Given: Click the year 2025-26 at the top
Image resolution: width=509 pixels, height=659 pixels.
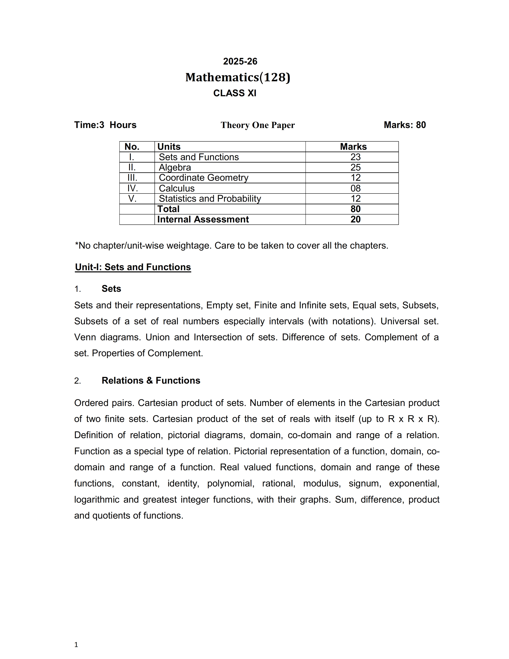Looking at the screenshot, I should [x=240, y=61].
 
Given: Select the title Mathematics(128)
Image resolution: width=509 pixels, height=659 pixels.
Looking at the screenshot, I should [x=238, y=77].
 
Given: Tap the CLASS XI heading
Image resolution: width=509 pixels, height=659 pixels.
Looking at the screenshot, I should [x=235, y=93].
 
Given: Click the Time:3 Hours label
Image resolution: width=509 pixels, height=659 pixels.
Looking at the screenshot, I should [x=105, y=125].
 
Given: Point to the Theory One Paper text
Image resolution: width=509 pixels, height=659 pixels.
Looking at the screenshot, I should [x=257, y=125].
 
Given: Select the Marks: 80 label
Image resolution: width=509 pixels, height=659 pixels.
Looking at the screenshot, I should [x=405, y=125].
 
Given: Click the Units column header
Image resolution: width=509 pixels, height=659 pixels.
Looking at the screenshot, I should [x=169, y=147].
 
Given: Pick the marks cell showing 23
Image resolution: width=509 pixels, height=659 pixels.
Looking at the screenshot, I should [x=356, y=157].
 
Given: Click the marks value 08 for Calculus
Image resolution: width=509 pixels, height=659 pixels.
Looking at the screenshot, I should [x=356, y=188].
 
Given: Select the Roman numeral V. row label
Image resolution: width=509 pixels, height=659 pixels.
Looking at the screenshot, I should [x=132, y=198].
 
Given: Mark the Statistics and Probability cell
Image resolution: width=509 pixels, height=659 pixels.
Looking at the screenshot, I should [x=210, y=198].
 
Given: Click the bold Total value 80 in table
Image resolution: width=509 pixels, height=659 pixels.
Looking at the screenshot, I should [x=356, y=209].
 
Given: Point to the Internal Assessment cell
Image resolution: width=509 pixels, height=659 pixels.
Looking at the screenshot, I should [x=203, y=219].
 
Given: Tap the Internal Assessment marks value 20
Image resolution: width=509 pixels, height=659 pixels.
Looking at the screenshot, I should [x=356, y=219].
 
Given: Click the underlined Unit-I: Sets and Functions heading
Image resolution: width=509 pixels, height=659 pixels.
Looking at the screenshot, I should [x=133, y=267].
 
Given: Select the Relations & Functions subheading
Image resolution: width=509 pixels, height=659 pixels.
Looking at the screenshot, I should [x=151, y=380].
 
